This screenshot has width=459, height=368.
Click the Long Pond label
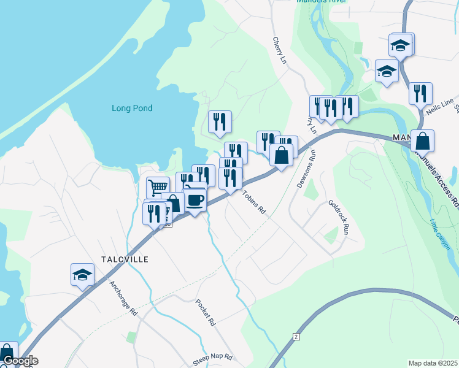tap(132, 109)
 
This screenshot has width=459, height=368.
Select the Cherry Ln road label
tap(280, 49)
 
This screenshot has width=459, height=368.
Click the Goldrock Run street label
tap(338, 218)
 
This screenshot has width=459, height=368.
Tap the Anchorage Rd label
tap(123, 298)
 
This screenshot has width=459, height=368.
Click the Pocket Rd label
tap(206, 312)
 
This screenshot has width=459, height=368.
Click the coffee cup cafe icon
tap(195, 200)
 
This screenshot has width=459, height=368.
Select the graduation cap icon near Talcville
tap(82, 275)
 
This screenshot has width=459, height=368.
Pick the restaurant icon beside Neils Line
tap(420, 94)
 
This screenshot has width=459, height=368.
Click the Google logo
tap(20, 361)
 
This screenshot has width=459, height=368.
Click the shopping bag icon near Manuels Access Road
tap(422, 141)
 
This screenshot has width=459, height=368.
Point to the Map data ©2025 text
tap(433, 363)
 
